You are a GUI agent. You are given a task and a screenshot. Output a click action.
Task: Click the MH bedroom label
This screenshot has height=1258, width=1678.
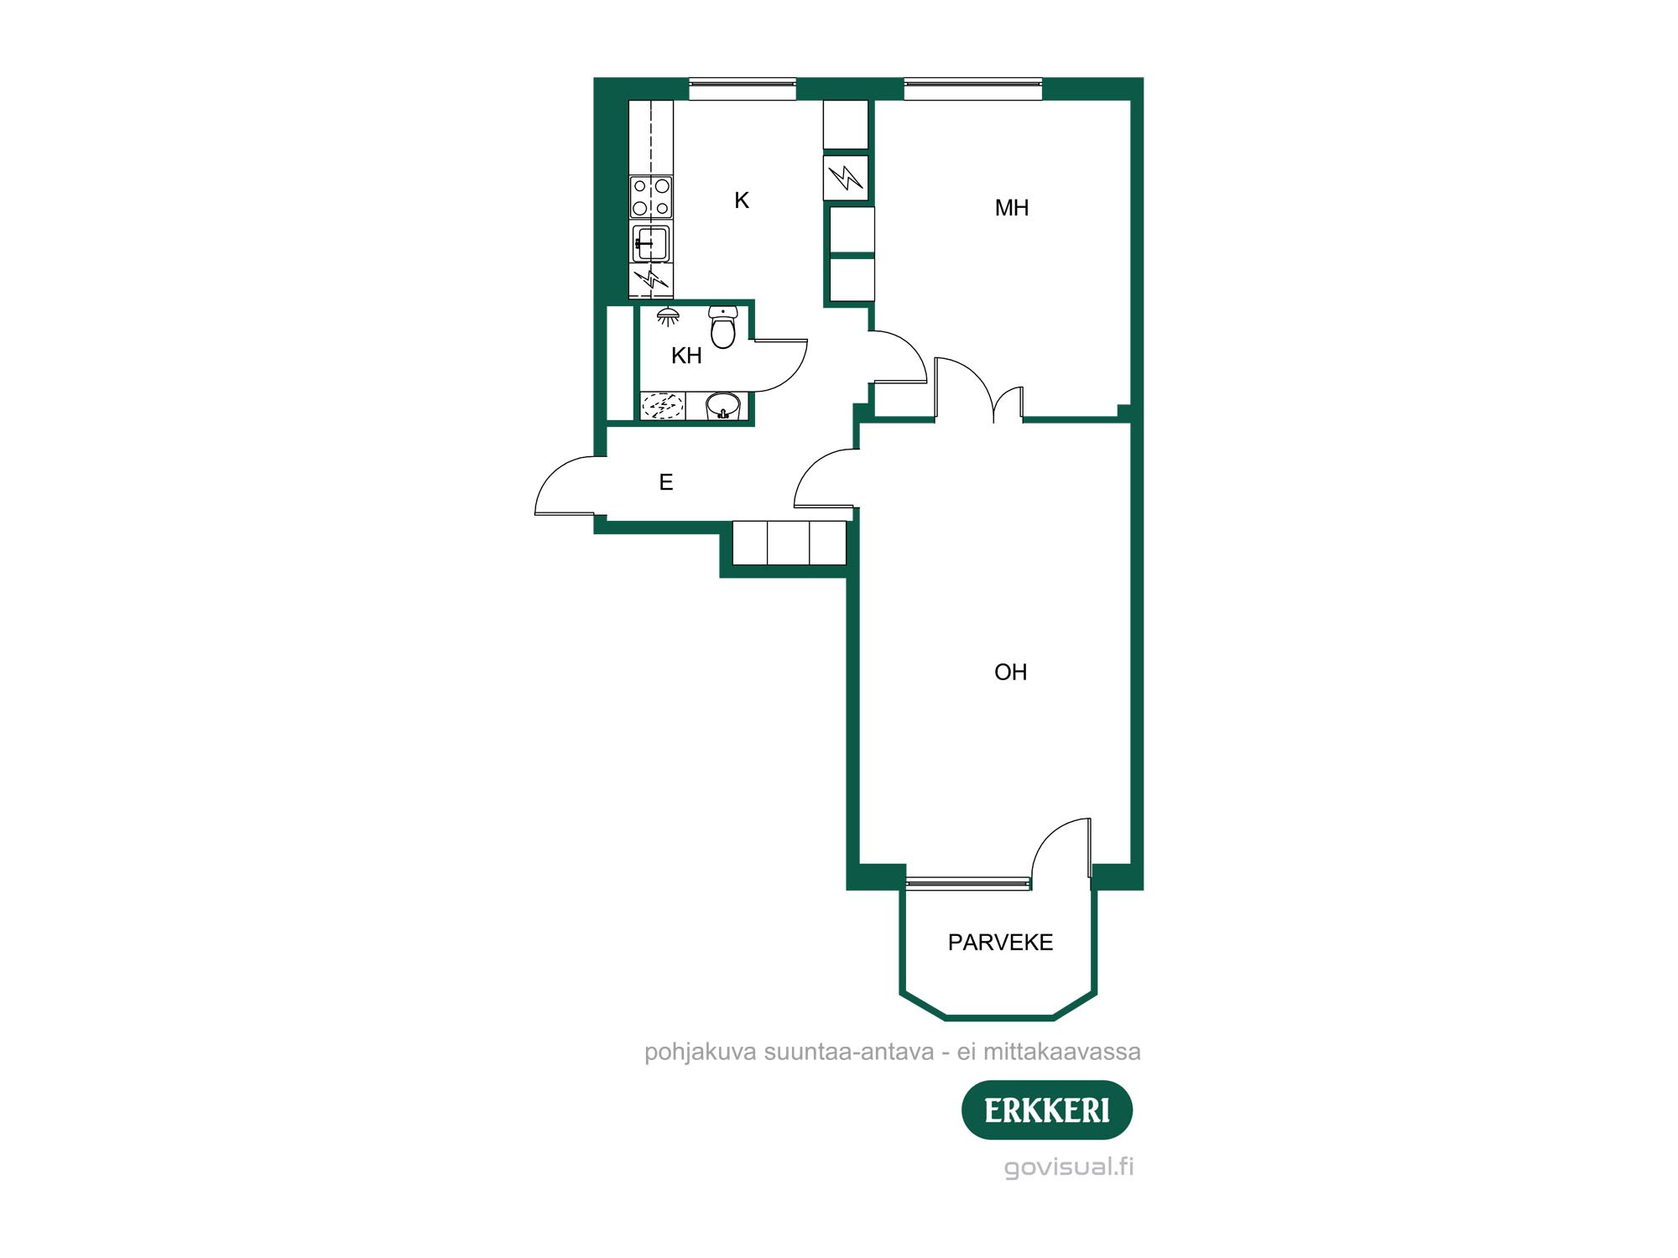click(x=1011, y=208)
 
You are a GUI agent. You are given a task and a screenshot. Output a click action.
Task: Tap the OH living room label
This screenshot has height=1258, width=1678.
click(x=1010, y=672)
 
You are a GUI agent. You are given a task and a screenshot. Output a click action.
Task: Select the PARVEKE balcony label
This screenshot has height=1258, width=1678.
click(x=1000, y=943)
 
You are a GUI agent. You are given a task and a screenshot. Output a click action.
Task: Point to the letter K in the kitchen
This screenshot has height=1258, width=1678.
click(x=742, y=200)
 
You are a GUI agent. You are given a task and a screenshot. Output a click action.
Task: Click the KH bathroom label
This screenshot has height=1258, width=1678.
click(x=686, y=356)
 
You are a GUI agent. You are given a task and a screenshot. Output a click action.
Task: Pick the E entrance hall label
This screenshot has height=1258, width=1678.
click(x=666, y=482)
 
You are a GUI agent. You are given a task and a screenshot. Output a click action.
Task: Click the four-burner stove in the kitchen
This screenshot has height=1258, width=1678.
click(x=651, y=197)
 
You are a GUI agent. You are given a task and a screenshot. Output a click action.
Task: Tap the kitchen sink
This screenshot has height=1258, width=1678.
click(x=650, y=243)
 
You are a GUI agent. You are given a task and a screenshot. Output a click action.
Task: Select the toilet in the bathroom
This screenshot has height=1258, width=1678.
click(x=722, y=326)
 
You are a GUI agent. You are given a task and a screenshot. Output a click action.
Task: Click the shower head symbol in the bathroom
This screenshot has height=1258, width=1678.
click(x=668, y=316)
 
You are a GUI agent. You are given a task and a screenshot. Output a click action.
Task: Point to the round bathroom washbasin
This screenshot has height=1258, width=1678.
click(x=722, y=407)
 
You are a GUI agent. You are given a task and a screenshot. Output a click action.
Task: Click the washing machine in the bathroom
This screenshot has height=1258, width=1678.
click(x=663, y=406)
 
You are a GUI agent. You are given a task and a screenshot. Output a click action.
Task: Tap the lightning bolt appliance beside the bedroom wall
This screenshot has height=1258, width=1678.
click(x=846, y=177)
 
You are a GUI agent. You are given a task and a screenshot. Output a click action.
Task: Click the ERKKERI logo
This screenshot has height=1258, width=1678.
click(x=1047, y=1110)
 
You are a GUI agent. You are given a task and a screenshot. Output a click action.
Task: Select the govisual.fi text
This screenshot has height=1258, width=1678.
click(x=1069, y=1167)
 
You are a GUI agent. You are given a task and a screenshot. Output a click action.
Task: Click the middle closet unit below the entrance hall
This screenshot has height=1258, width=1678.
click(x=789, y=543)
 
